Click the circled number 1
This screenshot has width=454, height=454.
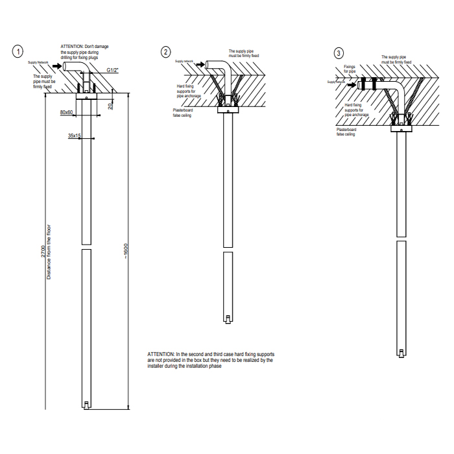pyautogui.click(x=20, y=51)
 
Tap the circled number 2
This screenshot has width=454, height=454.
pyautogui.click(x=166, y=51)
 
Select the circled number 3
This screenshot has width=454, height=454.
pyautogui.click(x=338, y=53)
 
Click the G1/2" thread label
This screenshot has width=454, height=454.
pyautogui.click(x=112, y=69)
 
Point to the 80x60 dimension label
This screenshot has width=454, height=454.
pyautogui.click(x=67, y=113)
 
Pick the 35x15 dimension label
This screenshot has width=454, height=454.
pyautogui.click(x=74, y=136)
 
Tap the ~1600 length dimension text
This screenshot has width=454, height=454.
pyautogui.click(x=127, y=251)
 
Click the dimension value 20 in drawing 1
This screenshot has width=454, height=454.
pyautogui.click(x=111, y=105)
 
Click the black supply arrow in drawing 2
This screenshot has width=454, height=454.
pyautogui.click(x=201, y=64)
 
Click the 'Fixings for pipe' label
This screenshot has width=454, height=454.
pyautogui.click(x=350, y=69)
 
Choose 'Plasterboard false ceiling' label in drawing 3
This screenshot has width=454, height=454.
pyautogui.click(x=346, y=132)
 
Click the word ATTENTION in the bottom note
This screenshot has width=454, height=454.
pyautogui.click(x=161, y=353)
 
